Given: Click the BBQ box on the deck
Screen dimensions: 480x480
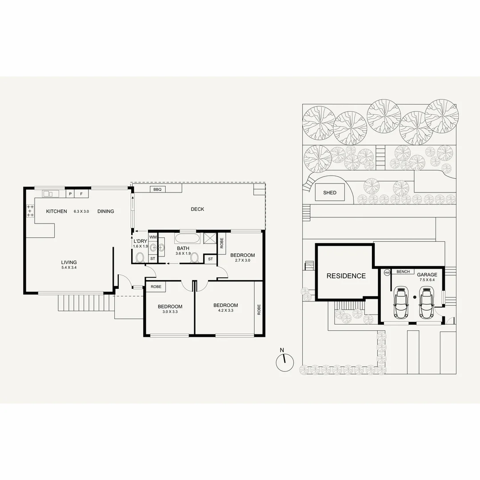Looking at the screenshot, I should pos(157,189).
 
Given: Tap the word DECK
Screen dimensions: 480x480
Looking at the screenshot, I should pos(197,209).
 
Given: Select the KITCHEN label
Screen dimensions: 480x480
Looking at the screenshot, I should pos(56,212).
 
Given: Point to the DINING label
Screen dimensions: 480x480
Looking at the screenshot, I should pos(106,212).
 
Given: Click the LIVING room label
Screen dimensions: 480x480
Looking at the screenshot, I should pos(69,262).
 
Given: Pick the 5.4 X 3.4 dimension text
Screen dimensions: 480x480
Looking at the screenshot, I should pos(69,268).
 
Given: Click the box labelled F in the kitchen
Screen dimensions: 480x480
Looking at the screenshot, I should pos(81,194).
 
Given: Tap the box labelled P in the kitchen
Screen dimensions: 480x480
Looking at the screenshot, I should pos(70,194).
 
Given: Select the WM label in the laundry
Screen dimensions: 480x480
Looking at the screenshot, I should pos(153,237).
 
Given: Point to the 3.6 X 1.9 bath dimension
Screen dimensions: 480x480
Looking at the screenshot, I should pos(184,253).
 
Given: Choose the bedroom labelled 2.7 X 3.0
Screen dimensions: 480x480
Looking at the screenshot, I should pos(242,255).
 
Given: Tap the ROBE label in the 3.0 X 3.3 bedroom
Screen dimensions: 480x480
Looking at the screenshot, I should pos(156,287).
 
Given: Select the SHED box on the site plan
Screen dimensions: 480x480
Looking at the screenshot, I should pos(330,193).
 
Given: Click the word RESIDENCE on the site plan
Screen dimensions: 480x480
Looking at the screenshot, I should pos(346,276).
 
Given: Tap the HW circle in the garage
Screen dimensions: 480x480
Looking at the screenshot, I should pos(387,272).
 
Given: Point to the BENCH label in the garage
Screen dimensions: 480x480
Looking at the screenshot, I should pos(403,272).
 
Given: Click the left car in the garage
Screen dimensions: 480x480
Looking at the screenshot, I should pos(401,302).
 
